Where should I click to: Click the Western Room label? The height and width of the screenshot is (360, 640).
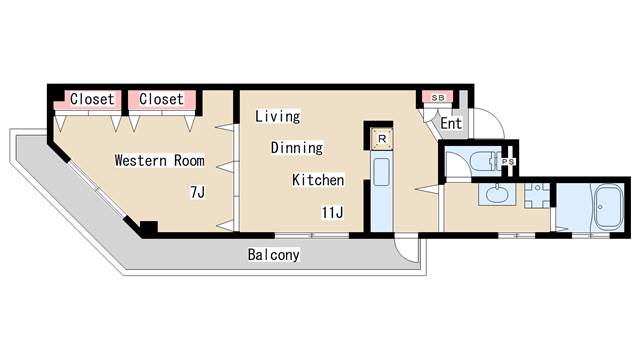coord(160,160)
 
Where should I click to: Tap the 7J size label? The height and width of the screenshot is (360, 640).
coord(198,192)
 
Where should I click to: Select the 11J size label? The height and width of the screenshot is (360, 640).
coord(332,212)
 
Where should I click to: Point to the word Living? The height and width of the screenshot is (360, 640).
coord(278,116)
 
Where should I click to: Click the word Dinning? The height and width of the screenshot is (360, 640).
coord(297,147)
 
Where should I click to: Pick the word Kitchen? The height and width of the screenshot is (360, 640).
coord(318,180)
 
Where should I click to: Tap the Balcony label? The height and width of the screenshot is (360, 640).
coord(273,255)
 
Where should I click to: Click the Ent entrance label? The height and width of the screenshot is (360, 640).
coord(451,123)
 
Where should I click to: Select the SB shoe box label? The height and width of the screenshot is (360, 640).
coord(438,98)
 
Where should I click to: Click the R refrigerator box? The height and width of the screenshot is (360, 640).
coord(382,139)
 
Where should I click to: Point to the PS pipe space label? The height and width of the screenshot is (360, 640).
coord(508,162)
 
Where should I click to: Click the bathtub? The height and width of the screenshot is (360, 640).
coord(609,208)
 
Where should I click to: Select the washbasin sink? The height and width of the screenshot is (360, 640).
coord(497,194)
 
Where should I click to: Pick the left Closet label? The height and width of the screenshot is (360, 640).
coord(92,99)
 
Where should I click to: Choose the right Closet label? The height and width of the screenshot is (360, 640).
coord(161,99)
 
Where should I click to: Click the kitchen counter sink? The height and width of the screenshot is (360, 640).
coord(382,171)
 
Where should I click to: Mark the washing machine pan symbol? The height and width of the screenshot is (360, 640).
coord(537,196)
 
